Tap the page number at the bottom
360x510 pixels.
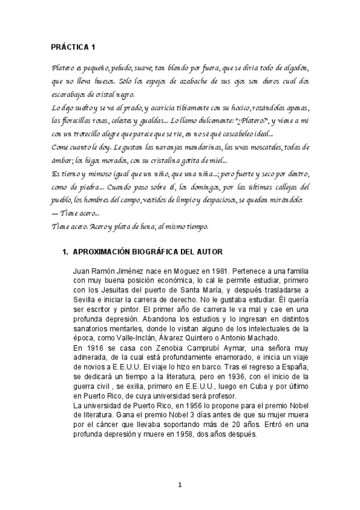[180, 485]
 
